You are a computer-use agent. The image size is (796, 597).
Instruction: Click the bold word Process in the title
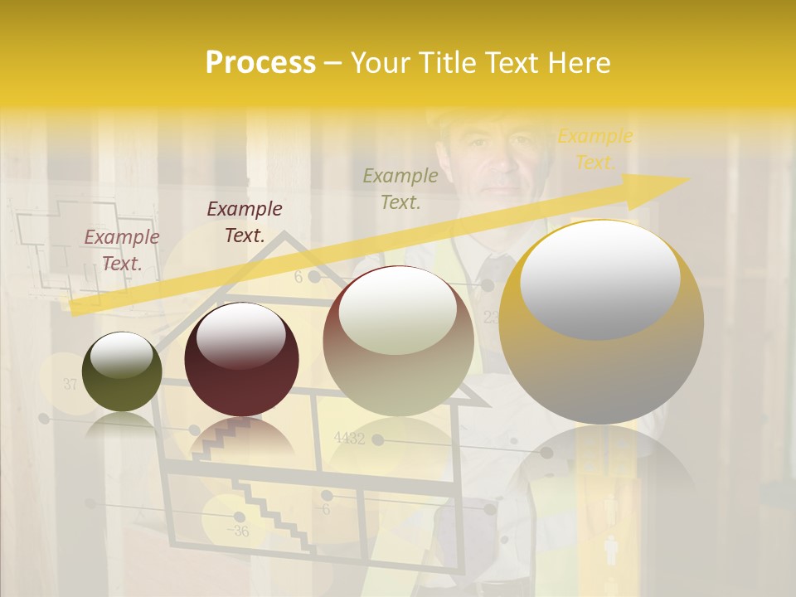click(260, 63)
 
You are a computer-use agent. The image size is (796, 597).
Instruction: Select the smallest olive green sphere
click(122, 371)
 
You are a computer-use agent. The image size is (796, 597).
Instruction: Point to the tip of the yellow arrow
click(687, 179)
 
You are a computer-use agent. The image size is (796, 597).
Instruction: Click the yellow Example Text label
click(595, 149)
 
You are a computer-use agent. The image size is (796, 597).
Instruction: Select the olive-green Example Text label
click(400, 188)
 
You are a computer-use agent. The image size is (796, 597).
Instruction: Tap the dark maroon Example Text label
click(245, 221)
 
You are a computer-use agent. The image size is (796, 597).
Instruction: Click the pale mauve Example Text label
click(122, 250)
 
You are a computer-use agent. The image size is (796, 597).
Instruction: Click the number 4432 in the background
click(349, 439)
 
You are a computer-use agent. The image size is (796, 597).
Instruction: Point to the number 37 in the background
click(70, 384)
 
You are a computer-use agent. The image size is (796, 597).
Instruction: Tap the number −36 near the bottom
click(239, 531)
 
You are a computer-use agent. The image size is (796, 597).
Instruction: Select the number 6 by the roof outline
click(298, 278)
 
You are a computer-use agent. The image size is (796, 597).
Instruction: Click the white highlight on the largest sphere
click(599, 279)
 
